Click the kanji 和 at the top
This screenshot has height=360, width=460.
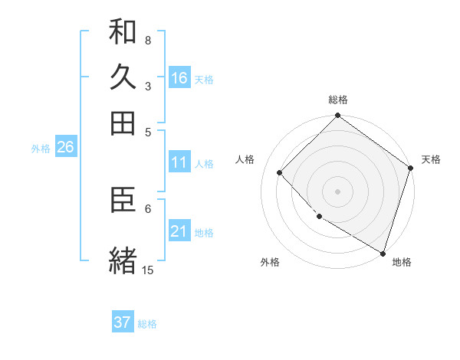[x=123, y=32]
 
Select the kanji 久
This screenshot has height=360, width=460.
[x=123, y=77]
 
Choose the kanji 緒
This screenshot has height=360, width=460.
[x=123, y=260]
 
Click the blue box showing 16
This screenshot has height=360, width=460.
[x=179, y=77]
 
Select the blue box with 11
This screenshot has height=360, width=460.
[x=179, y=162]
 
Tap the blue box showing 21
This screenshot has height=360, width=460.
[x=179, y=231]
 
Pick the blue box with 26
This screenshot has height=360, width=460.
[x=65, y=148]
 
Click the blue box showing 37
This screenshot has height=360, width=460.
[x=123, y=322]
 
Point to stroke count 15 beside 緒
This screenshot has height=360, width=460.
[x=147, y=270]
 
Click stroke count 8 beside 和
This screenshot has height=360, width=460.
[x=147, y=40]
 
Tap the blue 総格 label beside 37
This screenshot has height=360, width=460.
[x=148, y=324]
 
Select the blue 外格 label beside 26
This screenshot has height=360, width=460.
[x=41, y=149]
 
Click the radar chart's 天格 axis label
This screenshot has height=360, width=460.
[x=431, y=159]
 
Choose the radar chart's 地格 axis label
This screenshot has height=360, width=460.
[x=402, y=263]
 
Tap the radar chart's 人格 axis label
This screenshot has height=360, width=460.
[x=245, y=159]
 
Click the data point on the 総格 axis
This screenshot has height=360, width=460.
[x=337, y=117]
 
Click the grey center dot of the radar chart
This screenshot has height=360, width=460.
[x=337, y=191]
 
